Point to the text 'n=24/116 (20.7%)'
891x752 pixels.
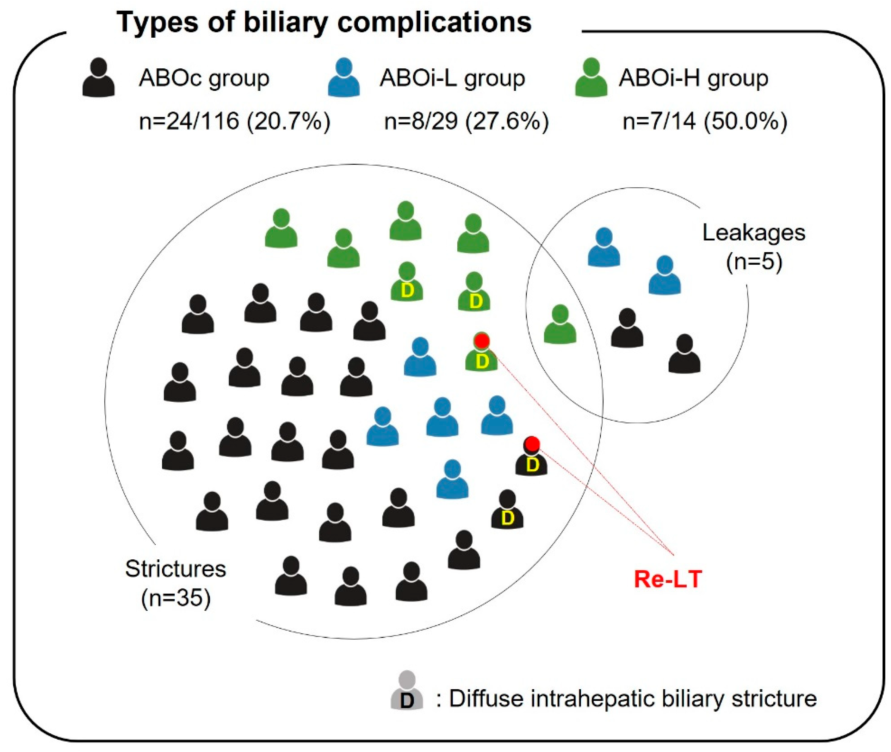click(235, 121)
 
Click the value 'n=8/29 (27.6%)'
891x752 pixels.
click(466, 121)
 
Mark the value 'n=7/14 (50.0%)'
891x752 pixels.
click(705, 121)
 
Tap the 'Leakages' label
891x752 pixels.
click(754, 233)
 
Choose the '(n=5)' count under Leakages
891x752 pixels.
click(754, 262)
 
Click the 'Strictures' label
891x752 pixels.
click(175, 569)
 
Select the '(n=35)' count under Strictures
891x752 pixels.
click(176, 598)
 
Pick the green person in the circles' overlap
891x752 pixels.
click(560, 324)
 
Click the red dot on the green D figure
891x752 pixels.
click(482, 340)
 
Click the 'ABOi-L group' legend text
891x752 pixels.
click(452, 79)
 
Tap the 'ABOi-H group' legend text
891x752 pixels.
click(693, 79)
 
